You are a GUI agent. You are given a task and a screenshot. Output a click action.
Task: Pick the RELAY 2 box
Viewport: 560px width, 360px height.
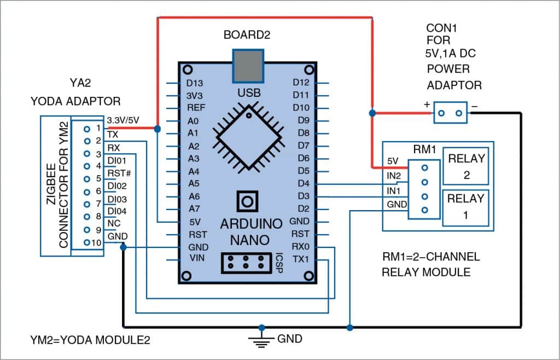tap(466, 167)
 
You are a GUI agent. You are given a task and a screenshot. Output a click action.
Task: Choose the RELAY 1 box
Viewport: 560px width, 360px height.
tap(466, 207)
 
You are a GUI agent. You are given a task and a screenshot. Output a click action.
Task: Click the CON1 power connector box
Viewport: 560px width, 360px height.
tap(451, 113)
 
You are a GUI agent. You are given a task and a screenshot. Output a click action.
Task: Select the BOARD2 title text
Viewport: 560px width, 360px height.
tap(247, 36)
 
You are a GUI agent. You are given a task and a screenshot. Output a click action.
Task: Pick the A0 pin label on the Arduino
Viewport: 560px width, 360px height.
tap(192, 121)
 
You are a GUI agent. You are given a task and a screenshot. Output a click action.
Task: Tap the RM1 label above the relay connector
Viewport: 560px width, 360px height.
tap(424, 148)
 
